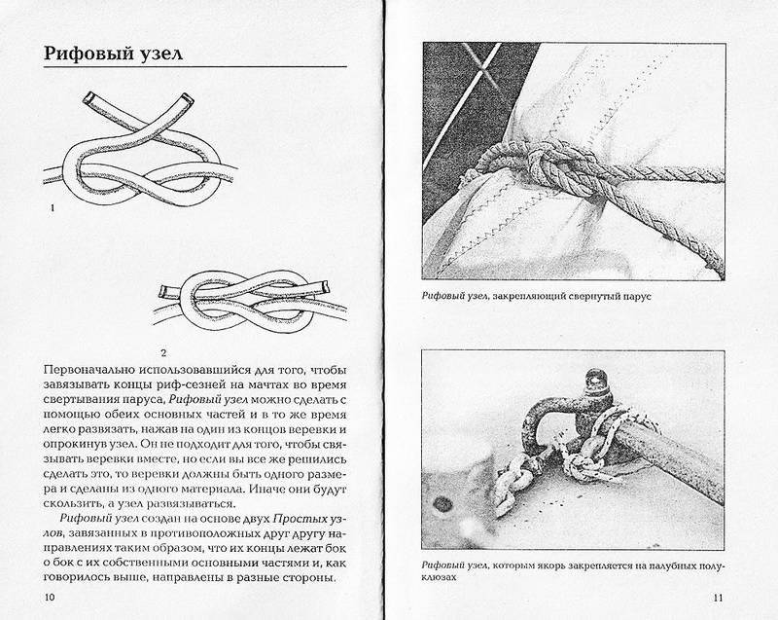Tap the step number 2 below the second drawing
[x=164, y=349]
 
